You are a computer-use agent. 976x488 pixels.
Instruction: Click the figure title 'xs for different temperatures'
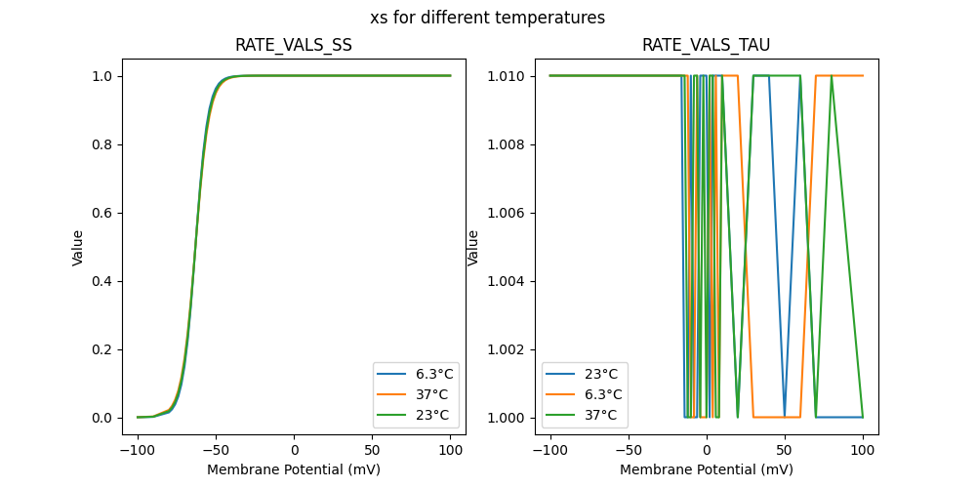click(x=487, y=18)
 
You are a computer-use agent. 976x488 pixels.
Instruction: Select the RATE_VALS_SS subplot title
click(x=294, y=45)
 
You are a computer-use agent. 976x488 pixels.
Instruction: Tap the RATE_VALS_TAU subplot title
click(x=706, y=45)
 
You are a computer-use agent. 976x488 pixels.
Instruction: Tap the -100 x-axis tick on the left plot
click(x=138, y=451)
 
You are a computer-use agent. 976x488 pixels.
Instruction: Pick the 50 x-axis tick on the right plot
click(x=785, y=451)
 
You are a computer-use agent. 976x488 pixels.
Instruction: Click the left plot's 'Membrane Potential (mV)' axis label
click(x=294, y=469)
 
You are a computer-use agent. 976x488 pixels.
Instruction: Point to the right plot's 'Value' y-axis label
click(x=473, y=247)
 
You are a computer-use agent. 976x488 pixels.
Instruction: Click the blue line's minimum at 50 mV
click(x=785, y=417)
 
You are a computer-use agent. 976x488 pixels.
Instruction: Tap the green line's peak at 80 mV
click(x=832, y=76)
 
